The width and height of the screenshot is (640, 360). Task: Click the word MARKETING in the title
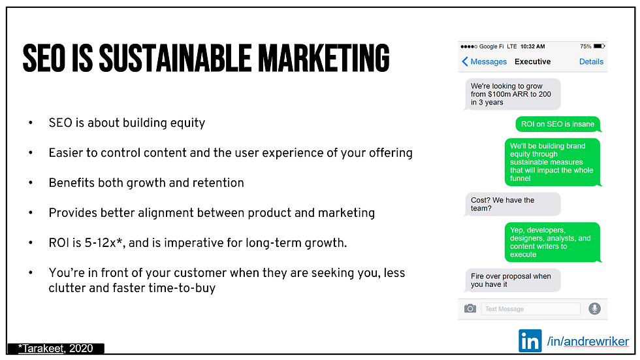(x=324, y=58)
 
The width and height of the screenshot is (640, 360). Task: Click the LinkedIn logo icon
(x=530, y=340)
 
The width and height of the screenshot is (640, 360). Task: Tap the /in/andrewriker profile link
(x=588, y=341)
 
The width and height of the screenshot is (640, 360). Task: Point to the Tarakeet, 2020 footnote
(x=56, y=348)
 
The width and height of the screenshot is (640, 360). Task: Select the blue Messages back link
(x=484, y=61)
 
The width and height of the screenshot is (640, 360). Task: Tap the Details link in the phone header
(x=591, y=61)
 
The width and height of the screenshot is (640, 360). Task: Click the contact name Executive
(x=532, y=61)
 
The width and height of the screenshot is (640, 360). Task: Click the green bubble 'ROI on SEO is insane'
(x=558, y=124)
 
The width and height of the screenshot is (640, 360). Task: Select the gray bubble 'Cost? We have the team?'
(x=512, y=204)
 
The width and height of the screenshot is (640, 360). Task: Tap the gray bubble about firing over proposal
(x=512, y=280)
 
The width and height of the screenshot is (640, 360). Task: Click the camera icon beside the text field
(x=470, y=308)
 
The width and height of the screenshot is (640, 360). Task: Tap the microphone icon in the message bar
(x=594, y=308)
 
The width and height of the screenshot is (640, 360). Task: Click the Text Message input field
(x=530, y=309)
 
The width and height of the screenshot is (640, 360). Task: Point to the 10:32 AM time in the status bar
(x=532, y=46)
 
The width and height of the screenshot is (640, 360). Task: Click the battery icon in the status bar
(x=599, y=46)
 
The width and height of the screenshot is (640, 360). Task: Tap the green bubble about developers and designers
(x=552, y=242)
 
